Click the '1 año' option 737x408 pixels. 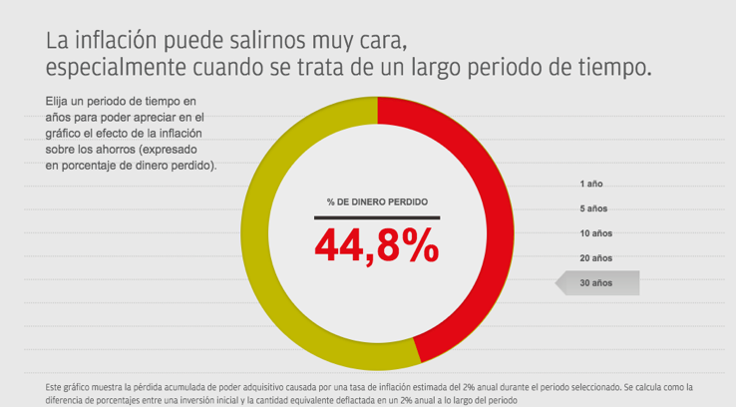click(x=591, y=185)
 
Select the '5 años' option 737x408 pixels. click(x=593, y=208)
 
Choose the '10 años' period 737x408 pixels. click(x=595, y=233)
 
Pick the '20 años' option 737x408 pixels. click(x=595, y=258)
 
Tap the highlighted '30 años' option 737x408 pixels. click(x=596, y=283)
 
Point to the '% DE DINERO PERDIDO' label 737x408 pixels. click(x=377, y=202)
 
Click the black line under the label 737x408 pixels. click(x=377, y=216)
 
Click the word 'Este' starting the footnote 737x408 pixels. click(x=55, y=386)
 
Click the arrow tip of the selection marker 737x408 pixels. click(x=557, y=283)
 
